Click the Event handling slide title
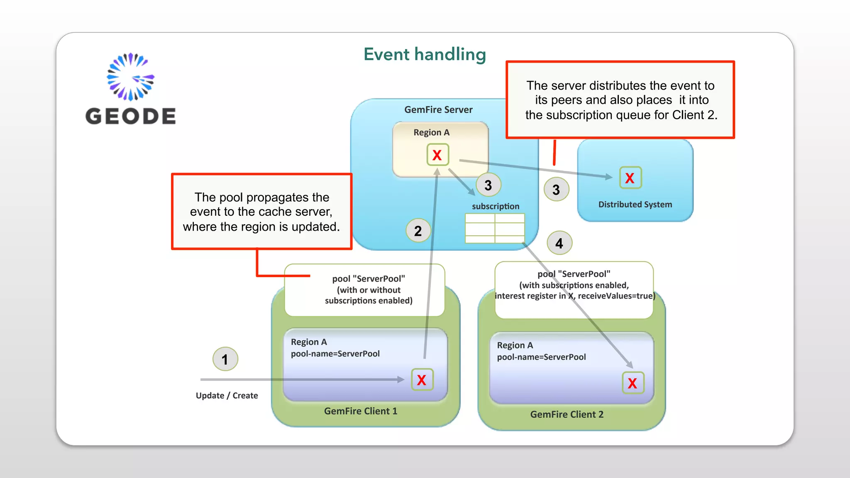(425, 54)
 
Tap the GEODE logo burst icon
(130, 77)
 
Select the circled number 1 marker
(225, 359)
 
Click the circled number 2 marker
(418, 231)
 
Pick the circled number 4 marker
(559, 243)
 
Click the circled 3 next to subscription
(488, 185)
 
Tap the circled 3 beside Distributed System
(556, 190)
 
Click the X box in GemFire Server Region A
(437, 155)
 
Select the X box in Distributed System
(630, 178)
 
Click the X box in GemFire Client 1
(422, 380)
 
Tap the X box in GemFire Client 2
(633, 383)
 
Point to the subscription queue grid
(495, 228)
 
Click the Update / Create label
(227, 395)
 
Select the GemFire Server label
(438, 110)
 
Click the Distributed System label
(635, 204)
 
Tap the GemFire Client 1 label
(360, 411)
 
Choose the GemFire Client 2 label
(567, 414)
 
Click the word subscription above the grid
(496, 206)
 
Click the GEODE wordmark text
(130, 116)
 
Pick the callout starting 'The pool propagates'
(261, 212)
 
